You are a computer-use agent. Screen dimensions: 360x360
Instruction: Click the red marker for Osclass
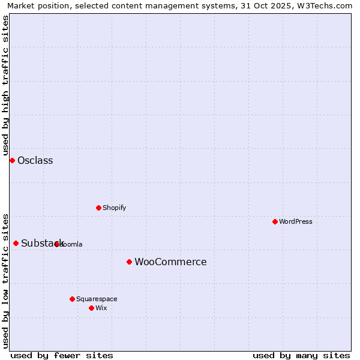click(x=12, y=160)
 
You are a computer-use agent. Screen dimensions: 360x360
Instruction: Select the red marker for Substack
click(x=16, y=243)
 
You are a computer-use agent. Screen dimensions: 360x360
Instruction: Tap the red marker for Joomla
click(x=57, y=244)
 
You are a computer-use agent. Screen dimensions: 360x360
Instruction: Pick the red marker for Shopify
click(x=98, y=208)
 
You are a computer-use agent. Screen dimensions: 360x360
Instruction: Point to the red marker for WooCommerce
click(x=129, y=262)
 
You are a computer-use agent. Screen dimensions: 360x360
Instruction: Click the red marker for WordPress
click(x=275, y=221)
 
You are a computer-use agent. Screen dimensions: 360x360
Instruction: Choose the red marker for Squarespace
click(x=72, y=299)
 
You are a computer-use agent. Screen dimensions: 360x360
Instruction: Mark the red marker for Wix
click(x=91, y=308)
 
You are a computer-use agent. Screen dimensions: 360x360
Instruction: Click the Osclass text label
click(x=35, y=160)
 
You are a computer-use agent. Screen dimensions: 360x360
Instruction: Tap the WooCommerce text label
click(x=170, y=262)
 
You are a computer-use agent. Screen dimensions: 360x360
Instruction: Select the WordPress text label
click(x=296, y=221)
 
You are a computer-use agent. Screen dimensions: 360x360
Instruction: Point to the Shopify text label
click(x=115, y=208)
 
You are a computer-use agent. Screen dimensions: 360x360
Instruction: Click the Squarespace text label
click(x=97, y=299)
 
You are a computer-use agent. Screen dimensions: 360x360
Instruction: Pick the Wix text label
click(x=101, y=308)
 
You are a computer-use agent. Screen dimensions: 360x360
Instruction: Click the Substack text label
click(x=42, y=243)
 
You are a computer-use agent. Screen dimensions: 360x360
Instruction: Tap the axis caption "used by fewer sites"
click(x=62, y=355)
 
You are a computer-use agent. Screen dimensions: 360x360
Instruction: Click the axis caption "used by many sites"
click(x=301, y=355)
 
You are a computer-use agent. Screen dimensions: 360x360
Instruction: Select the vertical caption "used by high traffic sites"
click(x=5, y=85)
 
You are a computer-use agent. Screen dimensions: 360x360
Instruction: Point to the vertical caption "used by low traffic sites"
click(x=5, y=280)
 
